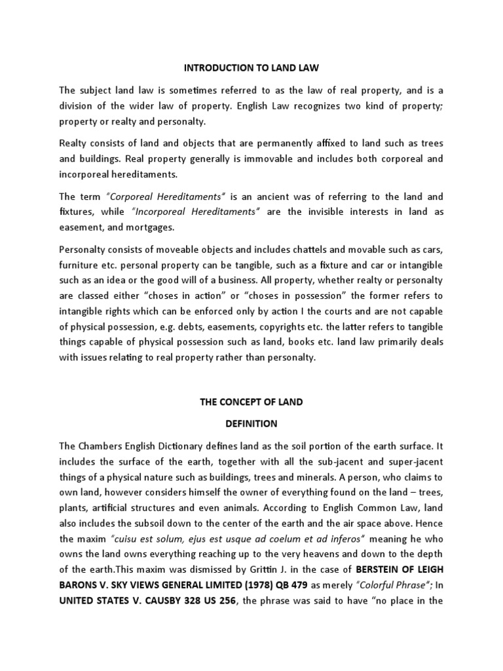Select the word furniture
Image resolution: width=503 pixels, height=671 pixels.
pos(80,264)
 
